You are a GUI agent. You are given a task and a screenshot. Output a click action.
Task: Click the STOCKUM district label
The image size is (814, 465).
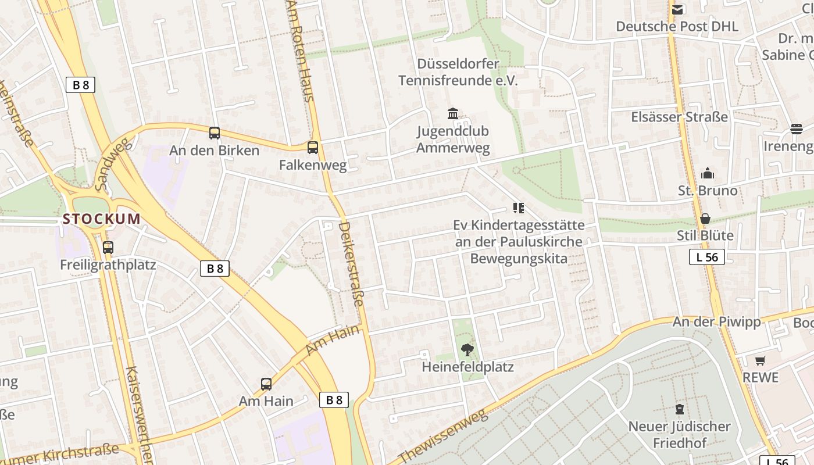[102, 219]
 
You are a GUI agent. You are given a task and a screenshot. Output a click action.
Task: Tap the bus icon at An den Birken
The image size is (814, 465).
[215, 133]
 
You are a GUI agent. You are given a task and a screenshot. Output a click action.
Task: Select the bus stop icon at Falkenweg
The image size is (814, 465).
[313, 148]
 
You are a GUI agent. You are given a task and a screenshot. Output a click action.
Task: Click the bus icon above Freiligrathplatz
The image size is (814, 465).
[108, 248]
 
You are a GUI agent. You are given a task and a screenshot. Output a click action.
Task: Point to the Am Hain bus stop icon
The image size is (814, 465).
[266, 384]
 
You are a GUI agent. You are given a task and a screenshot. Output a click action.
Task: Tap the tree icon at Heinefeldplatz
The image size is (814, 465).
[467, 349]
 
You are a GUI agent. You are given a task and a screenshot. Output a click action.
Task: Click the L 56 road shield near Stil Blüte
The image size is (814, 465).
[707, 257]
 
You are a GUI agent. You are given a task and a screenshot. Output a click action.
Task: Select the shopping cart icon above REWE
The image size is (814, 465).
[761, 360]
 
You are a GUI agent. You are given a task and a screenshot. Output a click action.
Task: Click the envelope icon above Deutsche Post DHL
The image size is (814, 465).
[677, 9]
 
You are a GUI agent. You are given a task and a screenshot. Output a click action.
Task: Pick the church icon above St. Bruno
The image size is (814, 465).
[708, 173]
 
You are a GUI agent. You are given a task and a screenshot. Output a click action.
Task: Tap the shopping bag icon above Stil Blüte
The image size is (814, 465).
[705, 219]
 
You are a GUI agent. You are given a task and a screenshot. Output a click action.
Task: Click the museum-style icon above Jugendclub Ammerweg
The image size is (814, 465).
[453, 113]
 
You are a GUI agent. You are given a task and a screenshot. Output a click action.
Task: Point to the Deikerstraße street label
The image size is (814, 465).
[352, 264]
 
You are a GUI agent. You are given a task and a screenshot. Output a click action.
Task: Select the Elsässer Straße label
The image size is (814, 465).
[679, 117]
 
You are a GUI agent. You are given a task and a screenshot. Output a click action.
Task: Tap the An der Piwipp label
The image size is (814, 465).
[716, 322]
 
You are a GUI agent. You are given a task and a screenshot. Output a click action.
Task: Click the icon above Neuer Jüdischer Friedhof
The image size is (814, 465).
[679, 409]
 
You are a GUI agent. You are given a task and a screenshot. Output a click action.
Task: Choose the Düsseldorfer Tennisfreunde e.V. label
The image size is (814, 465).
[458, 72]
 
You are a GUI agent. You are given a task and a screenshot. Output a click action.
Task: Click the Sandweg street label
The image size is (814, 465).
[113, 165]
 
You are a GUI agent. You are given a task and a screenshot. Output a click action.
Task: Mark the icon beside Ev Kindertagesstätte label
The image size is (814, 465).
[519, 208]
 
